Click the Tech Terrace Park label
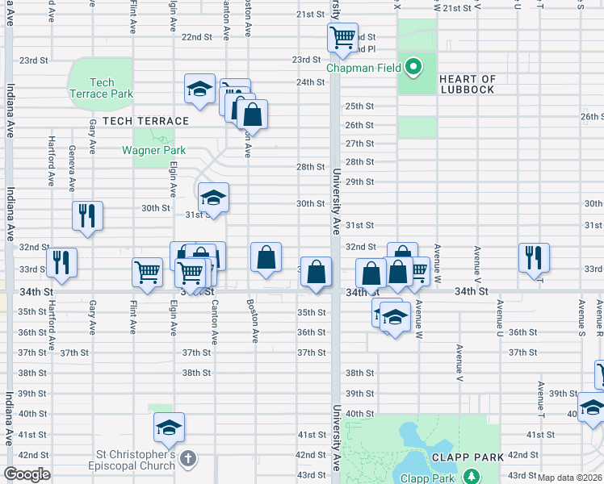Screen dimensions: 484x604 coord(102,88)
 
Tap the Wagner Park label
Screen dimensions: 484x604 coord(153,150)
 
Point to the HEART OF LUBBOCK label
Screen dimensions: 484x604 coord(468,84)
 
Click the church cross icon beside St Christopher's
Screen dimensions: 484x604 coord(187,460)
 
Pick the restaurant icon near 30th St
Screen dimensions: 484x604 coord(87,215)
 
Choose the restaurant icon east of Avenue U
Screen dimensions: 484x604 coord(533,257)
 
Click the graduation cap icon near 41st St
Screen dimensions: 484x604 coord(170,427)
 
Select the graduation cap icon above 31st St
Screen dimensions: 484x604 coord(213,197)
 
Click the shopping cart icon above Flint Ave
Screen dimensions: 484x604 coord(147,272)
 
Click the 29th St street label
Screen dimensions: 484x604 coord(359,181)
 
